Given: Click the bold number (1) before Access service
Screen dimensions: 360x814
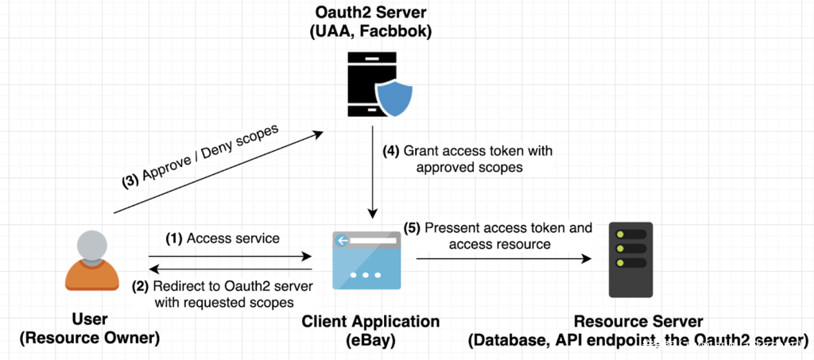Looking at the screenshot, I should [x=173, y=238].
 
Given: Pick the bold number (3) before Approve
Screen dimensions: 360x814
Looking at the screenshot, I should [x=130, y=180].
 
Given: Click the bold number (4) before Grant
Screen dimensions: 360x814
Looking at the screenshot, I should [x=391, y=150].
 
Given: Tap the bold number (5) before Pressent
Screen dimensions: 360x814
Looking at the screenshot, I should [x=412, y=228].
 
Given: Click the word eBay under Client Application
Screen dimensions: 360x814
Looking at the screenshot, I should [x=370, y=340].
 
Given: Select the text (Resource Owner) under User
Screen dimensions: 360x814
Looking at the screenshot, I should [x=89, y=338].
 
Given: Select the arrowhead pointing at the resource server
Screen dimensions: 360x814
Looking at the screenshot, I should [x=587, y=259].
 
